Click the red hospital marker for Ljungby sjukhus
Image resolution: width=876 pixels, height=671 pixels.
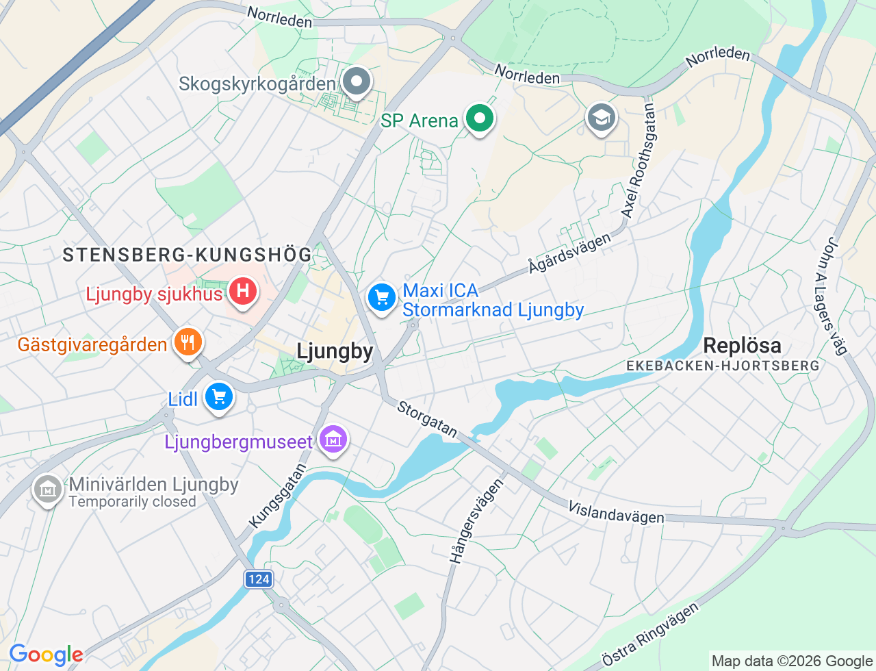click(242, 292)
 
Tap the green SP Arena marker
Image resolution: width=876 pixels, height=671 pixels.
click(480, 118)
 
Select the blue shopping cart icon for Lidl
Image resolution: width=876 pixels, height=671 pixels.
click(219, 396)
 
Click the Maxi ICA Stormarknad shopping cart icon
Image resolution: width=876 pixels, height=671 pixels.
click(382, 298)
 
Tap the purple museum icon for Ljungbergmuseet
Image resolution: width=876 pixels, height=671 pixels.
click(333, 440)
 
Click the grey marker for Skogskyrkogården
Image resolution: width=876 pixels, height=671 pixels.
click(356, 82)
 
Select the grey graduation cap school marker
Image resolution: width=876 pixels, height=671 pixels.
click(601, 118)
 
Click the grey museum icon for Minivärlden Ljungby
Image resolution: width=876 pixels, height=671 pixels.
click(47, 490)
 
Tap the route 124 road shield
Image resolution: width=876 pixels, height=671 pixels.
click(259, 579)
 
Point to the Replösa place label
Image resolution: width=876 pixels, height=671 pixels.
click(742, 346)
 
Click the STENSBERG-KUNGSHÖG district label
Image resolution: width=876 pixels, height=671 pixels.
click(188, 255)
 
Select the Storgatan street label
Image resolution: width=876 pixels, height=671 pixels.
click(428, 419)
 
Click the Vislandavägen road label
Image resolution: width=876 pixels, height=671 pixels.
click(616, 512)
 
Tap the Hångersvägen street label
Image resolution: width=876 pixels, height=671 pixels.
click(476, 520)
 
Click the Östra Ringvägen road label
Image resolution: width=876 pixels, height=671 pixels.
click(650, 635)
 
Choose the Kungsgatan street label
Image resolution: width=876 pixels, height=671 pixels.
click(277, 496)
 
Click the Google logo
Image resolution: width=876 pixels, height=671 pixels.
click(46, 655)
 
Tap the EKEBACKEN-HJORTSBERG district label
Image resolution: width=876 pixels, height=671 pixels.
click(723, 366)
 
